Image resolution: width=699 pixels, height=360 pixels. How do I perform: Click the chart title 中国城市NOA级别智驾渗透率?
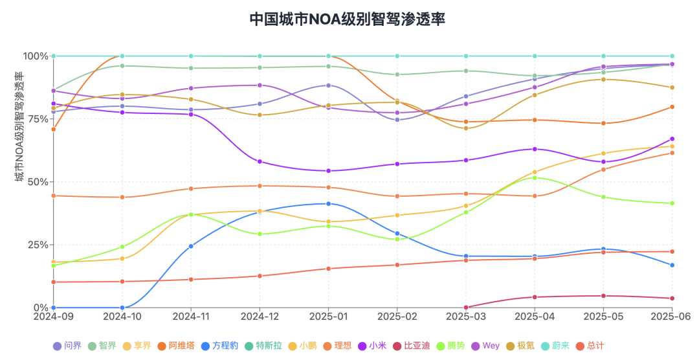pyautogui.click(x=348, y=18)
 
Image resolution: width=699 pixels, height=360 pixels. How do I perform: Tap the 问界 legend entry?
pyautogui.click(x=67, y=346)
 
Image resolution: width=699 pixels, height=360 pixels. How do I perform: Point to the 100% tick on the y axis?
pyautogui.click(x=36, y=56)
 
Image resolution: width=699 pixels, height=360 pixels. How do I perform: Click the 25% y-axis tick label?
pyautogui.click(x=38, y=245)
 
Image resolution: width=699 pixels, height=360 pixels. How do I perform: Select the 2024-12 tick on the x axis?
pyautogui.click(x=260, y=317)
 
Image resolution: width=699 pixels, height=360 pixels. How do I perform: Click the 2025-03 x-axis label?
pyautogui.click(x=466, y=317)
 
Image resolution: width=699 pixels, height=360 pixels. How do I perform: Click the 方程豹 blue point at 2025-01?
pyautogui.click(x=329, y=204)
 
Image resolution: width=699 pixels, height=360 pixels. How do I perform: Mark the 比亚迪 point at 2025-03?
pyautogui.click(x=466, y=307)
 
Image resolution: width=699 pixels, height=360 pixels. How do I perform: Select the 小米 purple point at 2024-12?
pyautogui.click(x=260, y=162)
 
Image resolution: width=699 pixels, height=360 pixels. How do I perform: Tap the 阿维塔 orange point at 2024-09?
pyautogui.click(x=54, y=129)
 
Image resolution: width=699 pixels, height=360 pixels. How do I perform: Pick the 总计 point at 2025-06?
pyautogui.click(x=672, y=251)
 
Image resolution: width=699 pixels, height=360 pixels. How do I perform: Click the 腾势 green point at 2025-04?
pyautogui.click(x=535, y=177)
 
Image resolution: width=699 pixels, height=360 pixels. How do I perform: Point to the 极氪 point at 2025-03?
pyautogui.click(x=466, y=128)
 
